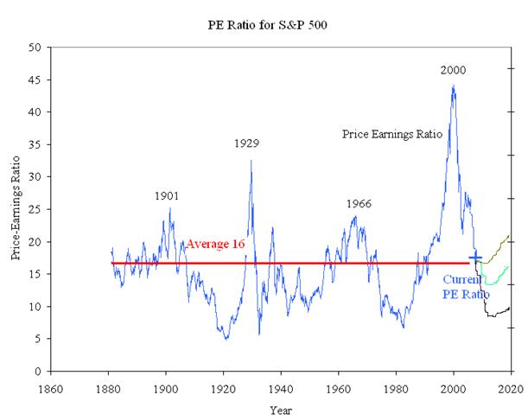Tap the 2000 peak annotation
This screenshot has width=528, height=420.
(453, 70)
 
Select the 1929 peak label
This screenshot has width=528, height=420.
(247, 143)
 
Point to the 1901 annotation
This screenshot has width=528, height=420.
(167, 196)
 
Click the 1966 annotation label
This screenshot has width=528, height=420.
(359, 204)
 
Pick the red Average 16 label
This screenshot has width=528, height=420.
(213, 245)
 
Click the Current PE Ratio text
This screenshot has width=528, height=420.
(466, 287)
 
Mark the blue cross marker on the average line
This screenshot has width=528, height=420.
(474, 258)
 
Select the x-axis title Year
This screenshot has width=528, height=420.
(280, 409)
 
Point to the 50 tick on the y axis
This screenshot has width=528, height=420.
(35, 48)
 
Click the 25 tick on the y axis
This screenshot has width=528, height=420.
(35, 209)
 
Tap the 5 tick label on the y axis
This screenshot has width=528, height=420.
(38, 339)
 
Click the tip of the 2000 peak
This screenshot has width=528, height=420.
(453, 86)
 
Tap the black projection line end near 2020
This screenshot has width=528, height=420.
(510, 308)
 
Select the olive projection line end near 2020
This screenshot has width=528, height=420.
(509, 235)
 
